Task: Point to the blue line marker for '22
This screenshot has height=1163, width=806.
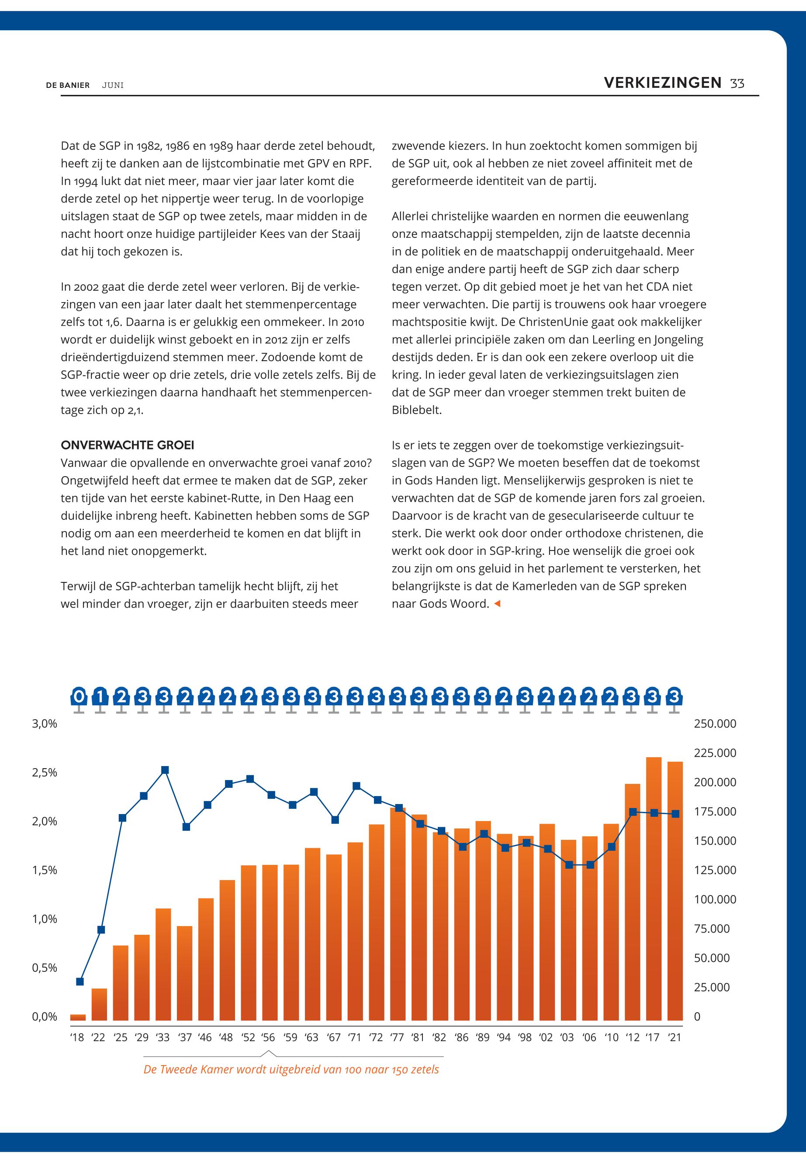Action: (x=101, y=930)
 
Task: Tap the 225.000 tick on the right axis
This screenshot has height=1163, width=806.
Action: (x=715, y=753)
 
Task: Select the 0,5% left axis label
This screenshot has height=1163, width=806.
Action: (x=45, y=968)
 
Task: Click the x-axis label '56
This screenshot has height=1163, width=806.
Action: (x=268, y=1038)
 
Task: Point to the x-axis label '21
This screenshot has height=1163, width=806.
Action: (x=674, y=1038)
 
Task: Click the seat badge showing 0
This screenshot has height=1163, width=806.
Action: (x=79, y=697)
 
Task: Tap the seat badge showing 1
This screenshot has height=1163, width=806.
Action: (x=100, y=697)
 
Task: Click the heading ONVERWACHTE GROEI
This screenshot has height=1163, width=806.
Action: (x=127, y=445)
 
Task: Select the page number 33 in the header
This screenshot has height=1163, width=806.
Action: (x=737, y=84)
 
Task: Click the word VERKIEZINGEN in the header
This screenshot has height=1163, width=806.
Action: (x=663, y=83)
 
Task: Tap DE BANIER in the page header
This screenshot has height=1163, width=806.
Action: (x=68, y=85)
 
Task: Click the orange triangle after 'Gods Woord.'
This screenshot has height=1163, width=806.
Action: (x=497, y=603)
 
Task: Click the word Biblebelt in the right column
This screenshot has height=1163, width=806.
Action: (x=417, y=410)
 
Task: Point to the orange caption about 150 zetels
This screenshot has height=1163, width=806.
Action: (x=291, y=1070)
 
